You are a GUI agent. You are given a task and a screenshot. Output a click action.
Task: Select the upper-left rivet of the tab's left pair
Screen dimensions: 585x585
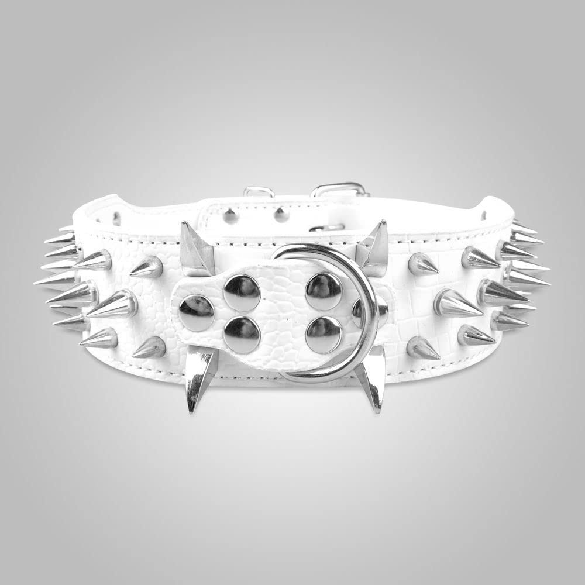click(x=242, y=292)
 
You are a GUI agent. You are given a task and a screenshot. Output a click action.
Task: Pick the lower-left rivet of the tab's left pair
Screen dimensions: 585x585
click(x=242, y=335)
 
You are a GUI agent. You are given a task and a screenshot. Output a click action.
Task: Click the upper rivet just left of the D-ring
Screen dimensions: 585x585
click(x=324, y=291)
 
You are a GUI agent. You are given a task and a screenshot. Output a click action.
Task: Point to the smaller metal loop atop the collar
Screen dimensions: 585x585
click(x=259, y=191)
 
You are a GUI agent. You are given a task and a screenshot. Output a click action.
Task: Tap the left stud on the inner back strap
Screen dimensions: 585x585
click(x=230, y=216)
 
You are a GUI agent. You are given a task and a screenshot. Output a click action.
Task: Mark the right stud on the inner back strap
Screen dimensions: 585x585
click(x=281, y=215)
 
